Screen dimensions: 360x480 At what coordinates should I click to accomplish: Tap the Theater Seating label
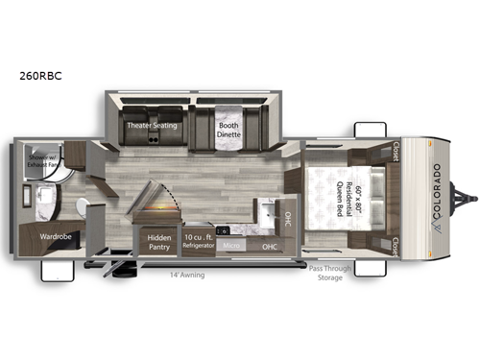151,126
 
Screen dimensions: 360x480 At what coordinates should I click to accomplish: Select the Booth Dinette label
228,131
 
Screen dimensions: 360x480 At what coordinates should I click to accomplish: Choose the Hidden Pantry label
157,242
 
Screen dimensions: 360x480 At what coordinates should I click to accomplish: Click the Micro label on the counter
231,247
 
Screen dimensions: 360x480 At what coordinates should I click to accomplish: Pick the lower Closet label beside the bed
396,244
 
